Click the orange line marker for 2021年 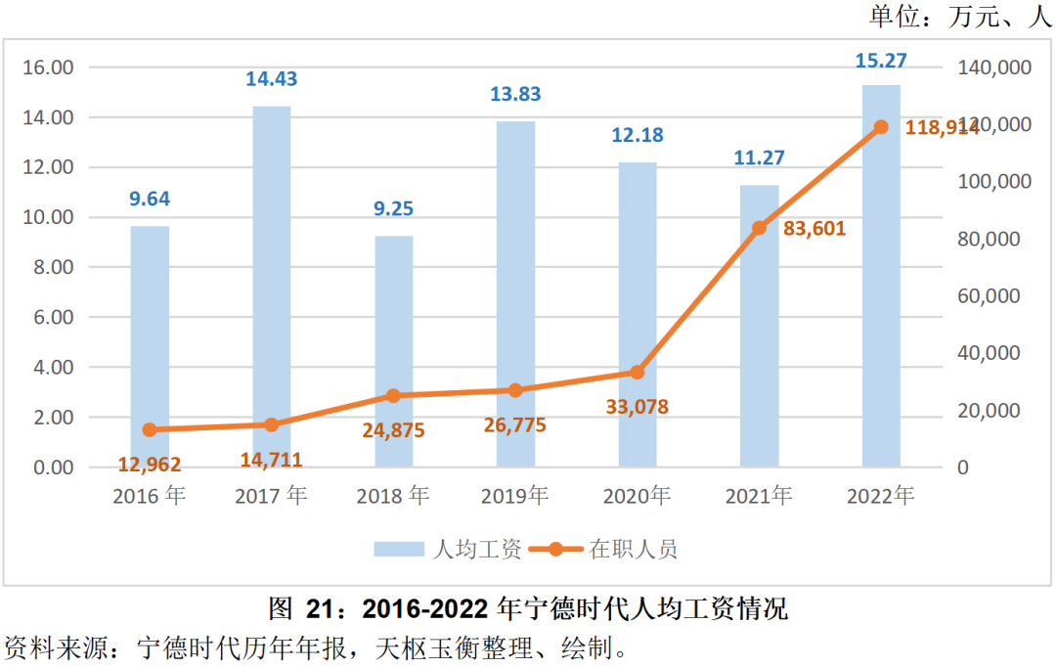759,228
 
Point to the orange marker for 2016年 150,429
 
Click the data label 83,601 814,229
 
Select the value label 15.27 880,61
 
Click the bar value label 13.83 514,95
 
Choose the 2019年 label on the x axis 514,497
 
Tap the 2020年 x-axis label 637,497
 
